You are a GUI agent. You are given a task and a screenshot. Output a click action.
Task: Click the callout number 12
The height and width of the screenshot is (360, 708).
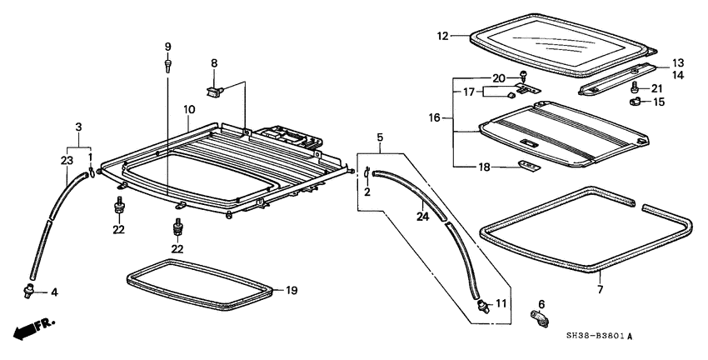pos(443,36)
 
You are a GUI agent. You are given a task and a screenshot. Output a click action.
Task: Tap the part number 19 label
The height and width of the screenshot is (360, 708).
pos(292,291)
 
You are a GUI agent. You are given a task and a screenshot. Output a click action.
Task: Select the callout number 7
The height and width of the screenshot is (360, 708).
pos(600,289)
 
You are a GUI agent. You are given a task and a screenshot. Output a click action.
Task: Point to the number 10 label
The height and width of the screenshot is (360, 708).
pos(189,109)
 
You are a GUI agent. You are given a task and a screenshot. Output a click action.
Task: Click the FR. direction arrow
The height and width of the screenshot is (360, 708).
pos(34,329)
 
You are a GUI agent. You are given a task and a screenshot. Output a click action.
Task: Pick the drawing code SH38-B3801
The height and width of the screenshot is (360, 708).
pos(596,336)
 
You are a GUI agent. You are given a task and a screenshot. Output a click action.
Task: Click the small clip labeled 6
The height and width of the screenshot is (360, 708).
pos(539,317)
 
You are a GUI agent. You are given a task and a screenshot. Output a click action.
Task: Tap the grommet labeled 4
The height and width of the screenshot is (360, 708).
pos(30,291)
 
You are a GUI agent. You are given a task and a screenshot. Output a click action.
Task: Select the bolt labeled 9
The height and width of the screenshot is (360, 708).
pos(168,66)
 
